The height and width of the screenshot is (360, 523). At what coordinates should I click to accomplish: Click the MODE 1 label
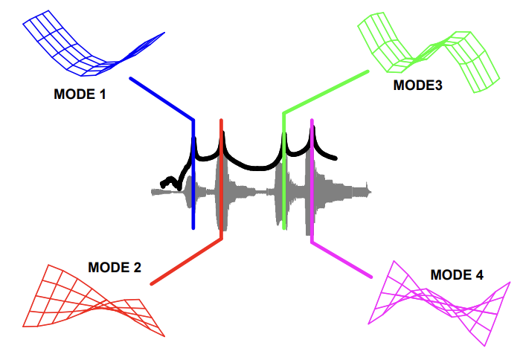pos(80,94)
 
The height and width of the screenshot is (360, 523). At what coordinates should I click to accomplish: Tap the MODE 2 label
pos(115,268)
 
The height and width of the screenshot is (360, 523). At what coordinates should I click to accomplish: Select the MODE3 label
pos(417,85)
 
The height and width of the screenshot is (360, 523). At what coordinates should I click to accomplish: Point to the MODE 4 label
pos(457,275)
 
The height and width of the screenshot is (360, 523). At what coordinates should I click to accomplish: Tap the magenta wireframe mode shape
pos(439,305)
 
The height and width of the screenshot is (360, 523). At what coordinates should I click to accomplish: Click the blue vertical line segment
pos(193,179)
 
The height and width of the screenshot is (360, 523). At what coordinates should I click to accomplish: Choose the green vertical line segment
pos(283,179)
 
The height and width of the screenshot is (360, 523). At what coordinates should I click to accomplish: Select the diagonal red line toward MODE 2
pos(186,261)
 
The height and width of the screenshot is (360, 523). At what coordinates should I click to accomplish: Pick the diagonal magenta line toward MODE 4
pos(341,260)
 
